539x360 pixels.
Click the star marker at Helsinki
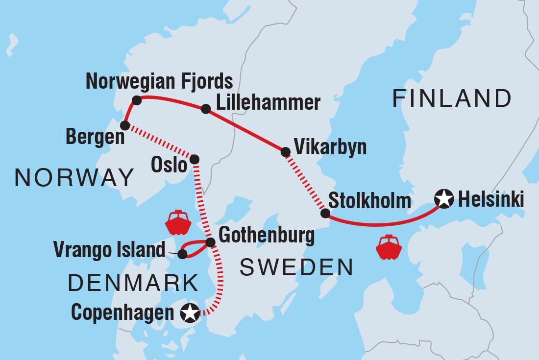coord(443,199)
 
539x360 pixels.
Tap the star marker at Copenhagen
coord(190,312)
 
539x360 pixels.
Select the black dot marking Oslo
coord(195,159)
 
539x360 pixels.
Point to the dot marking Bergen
coord(125,125)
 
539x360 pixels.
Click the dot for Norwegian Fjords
coord(137,100)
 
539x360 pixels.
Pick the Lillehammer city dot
coord(206,109)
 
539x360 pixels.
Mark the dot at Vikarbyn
coord(285,152)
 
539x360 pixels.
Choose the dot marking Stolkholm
coord(325,213)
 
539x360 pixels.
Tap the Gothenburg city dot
coord(210,242)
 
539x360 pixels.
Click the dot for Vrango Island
coord(182,254)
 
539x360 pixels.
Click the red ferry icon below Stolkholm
coord(389,247)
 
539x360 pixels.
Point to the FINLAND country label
coord(452,98)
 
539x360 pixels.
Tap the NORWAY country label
coord(74,177)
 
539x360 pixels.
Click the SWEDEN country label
coord(296,267)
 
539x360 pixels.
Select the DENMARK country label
coord(133,283)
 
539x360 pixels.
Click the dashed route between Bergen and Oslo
coord(160,143)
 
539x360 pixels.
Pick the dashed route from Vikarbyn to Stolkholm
coord(305,182)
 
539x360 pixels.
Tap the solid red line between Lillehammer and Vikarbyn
coord(245,131)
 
